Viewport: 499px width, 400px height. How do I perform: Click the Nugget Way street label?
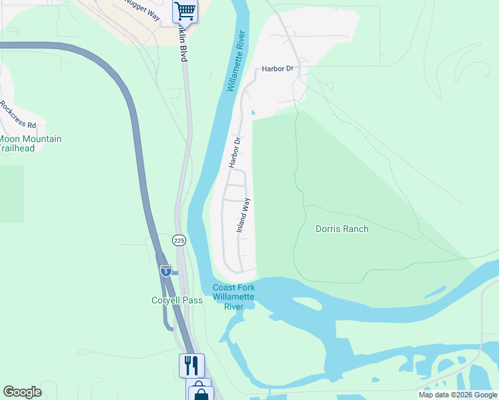142,10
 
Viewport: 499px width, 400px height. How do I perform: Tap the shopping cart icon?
185,11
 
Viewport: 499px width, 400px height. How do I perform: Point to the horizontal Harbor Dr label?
278,69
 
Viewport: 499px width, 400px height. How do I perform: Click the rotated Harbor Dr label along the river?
234,152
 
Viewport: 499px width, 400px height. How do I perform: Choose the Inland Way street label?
243,215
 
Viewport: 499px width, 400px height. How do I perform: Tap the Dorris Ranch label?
342,229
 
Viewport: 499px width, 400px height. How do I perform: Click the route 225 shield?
179,240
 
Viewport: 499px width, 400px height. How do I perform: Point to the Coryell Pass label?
177,300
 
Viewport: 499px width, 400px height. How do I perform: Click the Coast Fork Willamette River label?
233,297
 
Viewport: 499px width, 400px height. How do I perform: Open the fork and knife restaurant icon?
191,365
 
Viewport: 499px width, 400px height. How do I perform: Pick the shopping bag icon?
200,392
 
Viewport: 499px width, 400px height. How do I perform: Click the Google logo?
22,392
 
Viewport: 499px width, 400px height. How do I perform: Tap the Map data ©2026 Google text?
458,395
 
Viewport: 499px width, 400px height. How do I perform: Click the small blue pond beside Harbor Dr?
252,112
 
